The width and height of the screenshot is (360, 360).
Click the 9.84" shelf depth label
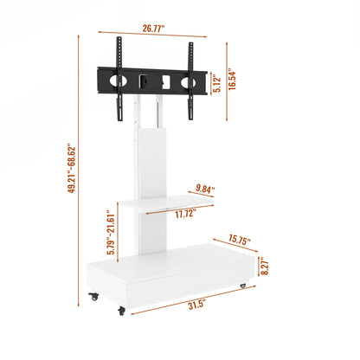pos(205,187)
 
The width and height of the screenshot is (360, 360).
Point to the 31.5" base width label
pos(198,304)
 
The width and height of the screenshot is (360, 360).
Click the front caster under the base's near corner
pos(122,309)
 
